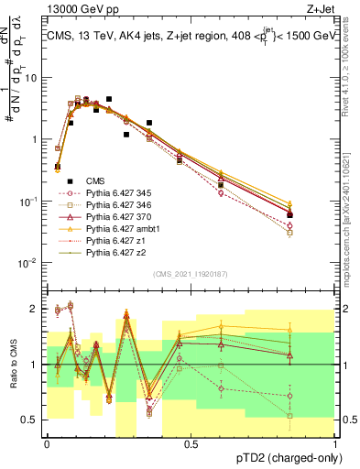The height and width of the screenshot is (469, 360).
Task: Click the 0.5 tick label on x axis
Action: (x=191, y=444)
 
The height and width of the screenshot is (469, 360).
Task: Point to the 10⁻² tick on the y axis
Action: (x=29, y=263)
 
